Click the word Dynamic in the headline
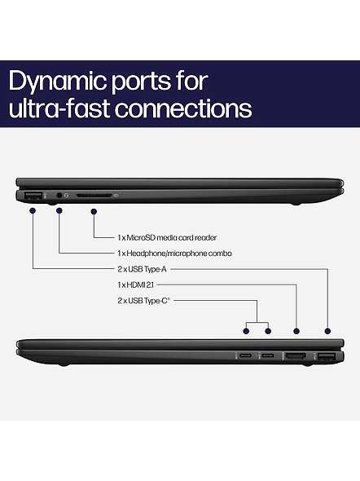(58, 82)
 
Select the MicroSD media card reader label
(167, 237)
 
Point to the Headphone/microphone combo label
(174, 254)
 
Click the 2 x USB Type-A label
(143, 269)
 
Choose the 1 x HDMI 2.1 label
(135, 285)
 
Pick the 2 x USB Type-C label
(143, 301)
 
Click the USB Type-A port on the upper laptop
(33, 196)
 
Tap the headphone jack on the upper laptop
(59, 195)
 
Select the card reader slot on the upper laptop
(94, 196)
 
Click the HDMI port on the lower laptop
(296, 356)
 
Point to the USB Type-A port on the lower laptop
(327, 357)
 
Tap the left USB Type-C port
(246, 355)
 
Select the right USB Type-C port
(268, 355)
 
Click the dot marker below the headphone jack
(59, 210)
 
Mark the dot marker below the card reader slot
(94, 211)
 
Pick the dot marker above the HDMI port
(296, 331)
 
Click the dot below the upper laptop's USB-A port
(33, 210)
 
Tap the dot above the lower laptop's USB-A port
(328, 331)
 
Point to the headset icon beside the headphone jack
(67, 196)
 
